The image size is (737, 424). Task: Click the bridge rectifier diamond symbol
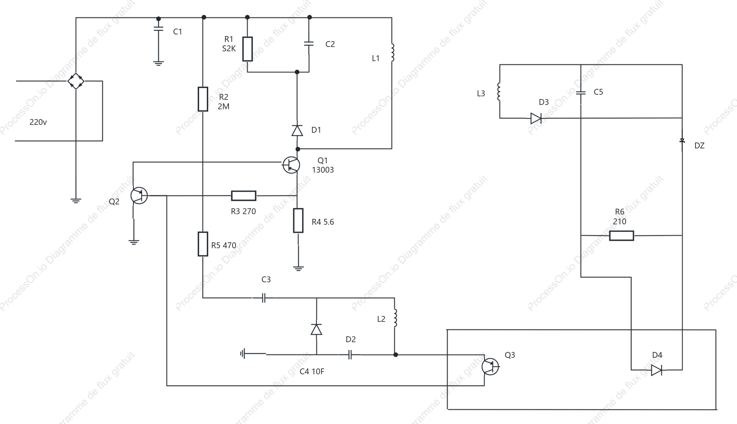click(x=76, y=81)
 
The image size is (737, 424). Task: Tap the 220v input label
click(x=38, y=122)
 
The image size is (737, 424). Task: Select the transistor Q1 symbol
click(x=291, y=165)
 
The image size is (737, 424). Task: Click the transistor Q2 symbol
click(x=139, y=195)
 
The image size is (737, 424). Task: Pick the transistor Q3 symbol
click(x=490, y=366)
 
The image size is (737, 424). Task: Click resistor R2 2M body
click(x=203, y=99)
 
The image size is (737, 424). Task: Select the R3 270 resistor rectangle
click(x=243, y=196)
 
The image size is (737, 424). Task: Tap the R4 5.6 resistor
click(x=298, y=221)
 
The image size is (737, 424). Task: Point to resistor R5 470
click(x=203, y=244)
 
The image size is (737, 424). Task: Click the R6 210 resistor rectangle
click(x=622, y=236)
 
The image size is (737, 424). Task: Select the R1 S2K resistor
click(x=247, y=49)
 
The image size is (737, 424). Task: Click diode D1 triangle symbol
click(x=297, y=130)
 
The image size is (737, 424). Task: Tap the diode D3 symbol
click(x=536, y=118)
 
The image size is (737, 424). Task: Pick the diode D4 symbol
click(x=656, y=370)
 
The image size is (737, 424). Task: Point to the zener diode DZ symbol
click(x=682, y=141)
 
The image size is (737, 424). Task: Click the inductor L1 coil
click(x=392, y=52)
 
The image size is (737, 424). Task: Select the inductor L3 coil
click(x=499, y=92)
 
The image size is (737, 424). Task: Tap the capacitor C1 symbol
click(x=158, y=29)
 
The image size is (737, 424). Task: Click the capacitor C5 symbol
click(x=581, y=93)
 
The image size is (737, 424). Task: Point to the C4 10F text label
click(x=312, y=372)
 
